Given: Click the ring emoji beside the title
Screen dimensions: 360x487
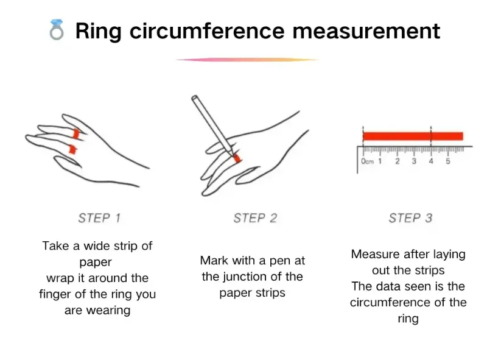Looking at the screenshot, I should (x=57, y=30).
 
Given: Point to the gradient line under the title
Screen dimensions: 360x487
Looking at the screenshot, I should (x=247, y=60).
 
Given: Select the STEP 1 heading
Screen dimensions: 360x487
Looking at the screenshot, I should (x=99, y=217).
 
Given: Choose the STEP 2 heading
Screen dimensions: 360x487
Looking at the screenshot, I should (x=255, y=217).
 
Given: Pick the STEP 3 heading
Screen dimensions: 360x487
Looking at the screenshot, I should (x=411, y=217).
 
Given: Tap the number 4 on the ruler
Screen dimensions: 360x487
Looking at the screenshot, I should (x=430, y=161).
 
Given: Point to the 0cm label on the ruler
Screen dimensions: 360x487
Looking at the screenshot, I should (x=367, y=162).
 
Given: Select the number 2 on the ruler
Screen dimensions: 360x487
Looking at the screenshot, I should (x=397, y=161).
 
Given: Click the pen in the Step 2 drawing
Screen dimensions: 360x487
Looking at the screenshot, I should (x=210, y=122).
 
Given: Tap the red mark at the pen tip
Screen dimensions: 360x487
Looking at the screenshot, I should (x=237, y=158).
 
